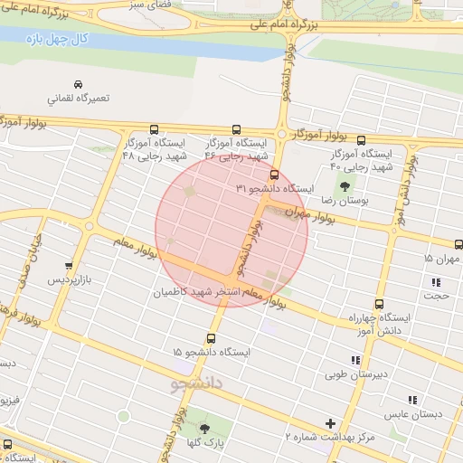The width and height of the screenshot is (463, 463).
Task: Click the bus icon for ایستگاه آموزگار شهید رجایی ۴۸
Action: (154, 129)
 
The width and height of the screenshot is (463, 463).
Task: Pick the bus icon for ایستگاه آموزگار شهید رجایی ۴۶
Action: (237, 129)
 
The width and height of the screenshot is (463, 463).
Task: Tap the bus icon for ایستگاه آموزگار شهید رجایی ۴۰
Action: (362, 140)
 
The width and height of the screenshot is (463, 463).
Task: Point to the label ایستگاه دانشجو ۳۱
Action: (275, 188)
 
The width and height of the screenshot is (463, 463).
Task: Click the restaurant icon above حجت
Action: (437, 282)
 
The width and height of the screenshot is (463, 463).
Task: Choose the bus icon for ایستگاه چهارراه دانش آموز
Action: (379, 305)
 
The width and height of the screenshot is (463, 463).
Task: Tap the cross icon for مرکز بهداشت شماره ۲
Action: (330, 422)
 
